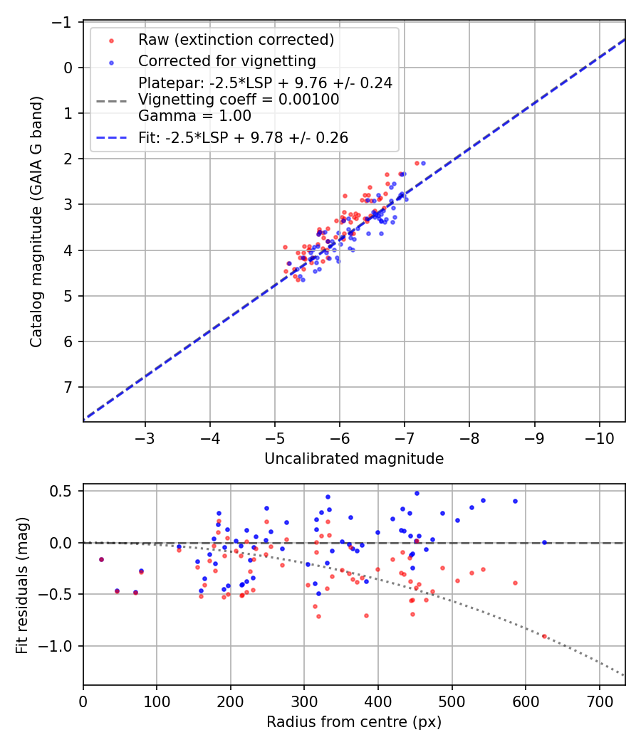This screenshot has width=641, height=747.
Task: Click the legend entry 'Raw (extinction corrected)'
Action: [x=236, y=39]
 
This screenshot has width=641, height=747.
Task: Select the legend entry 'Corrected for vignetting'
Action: [x=226, y=60]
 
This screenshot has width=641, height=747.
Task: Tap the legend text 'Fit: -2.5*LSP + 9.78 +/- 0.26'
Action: [x=244, y=138]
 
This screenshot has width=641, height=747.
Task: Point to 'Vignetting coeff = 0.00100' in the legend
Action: [x=239, y=100]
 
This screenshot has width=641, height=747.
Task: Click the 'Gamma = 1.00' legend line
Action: [x=194, y=115]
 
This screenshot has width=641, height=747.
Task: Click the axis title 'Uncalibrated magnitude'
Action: [x=354, y=459]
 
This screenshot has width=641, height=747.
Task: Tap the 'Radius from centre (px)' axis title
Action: [x=354, y=722]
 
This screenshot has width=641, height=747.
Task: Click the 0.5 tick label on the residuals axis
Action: [x=64, y=491]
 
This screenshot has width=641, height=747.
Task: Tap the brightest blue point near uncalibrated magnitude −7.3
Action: [x=423, y=163]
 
